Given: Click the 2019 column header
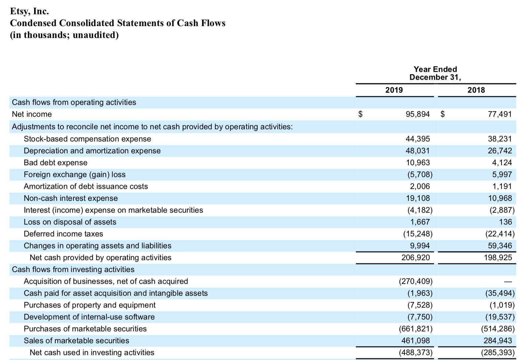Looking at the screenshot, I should [394, 90].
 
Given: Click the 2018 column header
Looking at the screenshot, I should [476, 90].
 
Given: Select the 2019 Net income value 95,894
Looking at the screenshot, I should [417, 114].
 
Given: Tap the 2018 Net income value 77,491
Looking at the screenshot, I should [500, 114].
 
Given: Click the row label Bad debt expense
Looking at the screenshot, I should [55, 163].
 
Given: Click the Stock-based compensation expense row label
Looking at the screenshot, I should [87, 139].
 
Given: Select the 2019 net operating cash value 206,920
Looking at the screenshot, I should [415, 257].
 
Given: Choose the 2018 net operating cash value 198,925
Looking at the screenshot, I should [498, 257].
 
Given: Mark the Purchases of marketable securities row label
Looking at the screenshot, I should [85, 329].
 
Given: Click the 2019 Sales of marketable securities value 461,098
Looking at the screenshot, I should [415, 341].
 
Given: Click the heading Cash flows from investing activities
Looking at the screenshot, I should [73, 269].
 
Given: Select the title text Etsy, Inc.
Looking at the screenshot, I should [29, 11].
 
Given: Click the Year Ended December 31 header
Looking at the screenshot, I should [435, 73].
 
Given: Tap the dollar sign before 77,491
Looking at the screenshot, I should [443, 114].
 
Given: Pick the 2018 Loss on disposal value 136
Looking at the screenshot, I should [505, 222].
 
